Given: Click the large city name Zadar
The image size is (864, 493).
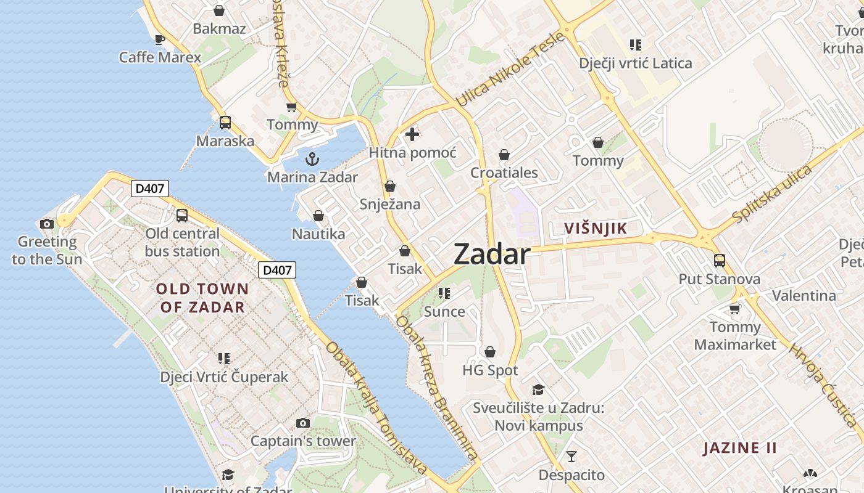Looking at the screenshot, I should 492,255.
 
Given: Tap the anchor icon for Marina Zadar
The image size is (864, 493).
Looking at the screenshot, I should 312,159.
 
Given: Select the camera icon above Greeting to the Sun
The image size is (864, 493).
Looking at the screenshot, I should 46,224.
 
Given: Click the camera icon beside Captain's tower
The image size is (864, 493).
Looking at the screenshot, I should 302,423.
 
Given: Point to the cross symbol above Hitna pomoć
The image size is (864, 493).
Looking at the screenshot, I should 412,134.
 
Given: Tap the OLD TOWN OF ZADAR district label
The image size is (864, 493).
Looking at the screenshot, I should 202,298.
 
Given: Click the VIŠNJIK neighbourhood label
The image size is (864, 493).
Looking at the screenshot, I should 596,229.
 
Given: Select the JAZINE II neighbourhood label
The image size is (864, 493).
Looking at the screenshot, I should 740,448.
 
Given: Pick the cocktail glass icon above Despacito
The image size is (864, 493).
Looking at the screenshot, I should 571,457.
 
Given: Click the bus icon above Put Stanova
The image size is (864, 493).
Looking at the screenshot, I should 720,261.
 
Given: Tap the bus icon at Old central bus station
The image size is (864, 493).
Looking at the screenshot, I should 182,216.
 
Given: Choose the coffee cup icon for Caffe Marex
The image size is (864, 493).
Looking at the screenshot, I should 160,40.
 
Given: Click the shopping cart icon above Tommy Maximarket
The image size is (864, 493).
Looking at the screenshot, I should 734,309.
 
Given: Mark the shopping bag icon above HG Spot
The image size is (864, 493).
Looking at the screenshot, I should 490,352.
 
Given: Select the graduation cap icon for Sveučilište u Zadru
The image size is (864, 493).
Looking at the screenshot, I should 538,389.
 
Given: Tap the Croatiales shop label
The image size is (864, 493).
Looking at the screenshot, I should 504,173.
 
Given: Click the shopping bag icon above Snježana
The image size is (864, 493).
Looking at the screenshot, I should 390,186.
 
